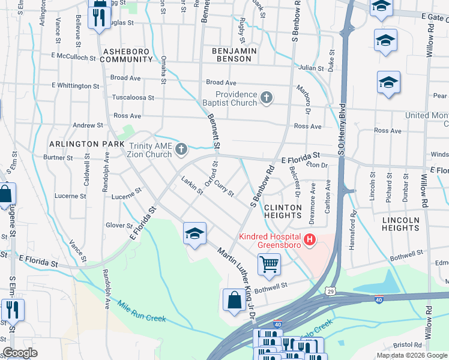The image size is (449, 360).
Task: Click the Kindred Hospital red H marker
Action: tap(310, 241)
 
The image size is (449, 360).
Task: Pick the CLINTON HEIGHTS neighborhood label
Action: tap(282, 211)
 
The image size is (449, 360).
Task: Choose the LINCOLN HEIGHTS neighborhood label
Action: tap(400, 224)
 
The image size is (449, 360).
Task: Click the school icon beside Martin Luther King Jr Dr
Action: tap(194, 235)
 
